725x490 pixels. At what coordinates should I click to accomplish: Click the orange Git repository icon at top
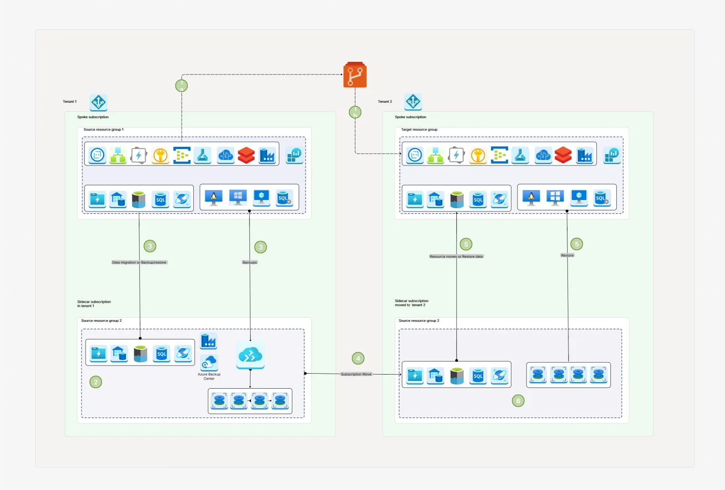(x=355, y=75)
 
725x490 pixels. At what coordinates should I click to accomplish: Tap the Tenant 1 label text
(x=70, y=102)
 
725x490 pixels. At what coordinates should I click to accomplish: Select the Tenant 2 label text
(x=385, y=102)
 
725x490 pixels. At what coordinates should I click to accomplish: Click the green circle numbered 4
(x=358, y=359)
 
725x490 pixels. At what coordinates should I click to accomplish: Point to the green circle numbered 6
(x=518, y=401)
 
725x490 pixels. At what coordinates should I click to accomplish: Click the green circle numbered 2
(x=96, y=382)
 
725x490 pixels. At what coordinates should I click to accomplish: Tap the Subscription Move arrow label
(x=356, y=374)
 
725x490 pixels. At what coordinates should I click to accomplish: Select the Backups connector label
(x=249, y=262)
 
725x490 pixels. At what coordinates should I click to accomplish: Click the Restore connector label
(x=567, y=255)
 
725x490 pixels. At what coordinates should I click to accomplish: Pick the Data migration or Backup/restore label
(x=139, y=262)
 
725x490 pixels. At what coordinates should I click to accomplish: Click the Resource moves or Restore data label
(x=456, y=256)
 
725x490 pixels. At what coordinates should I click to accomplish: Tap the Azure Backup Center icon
(x=209, y=363)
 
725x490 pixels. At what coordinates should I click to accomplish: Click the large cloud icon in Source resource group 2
(x=250, y=355)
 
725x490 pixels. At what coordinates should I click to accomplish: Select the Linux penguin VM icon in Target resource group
(x=531, y=198)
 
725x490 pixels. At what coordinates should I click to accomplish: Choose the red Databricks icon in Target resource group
(x=563, y=155)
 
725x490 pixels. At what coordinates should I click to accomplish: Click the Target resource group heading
(x=419, y=130)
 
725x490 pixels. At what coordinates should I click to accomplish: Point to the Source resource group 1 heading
(x=103, y=130)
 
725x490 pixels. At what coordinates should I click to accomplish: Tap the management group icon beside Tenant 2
(x=413, y=102)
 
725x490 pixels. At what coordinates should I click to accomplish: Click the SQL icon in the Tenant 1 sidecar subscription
(x=162, y=354)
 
